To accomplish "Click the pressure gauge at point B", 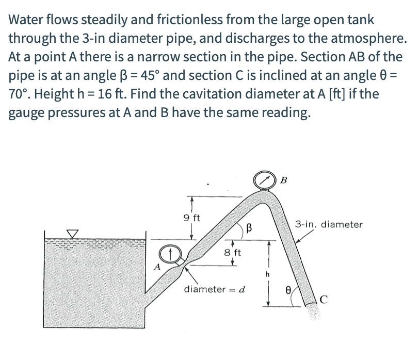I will click(x=265, y=180).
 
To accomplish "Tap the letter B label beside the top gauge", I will click(x=284, y=180).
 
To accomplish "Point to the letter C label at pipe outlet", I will click(x=323, y=298).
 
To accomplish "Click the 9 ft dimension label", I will click(x=192, y=217).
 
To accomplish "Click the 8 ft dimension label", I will click(x=233, y=253).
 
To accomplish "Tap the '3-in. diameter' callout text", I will click(x=329, y=224).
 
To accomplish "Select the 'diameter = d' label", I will click(x=214, y=289).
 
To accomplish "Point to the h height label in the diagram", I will click(x=267, y=274).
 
